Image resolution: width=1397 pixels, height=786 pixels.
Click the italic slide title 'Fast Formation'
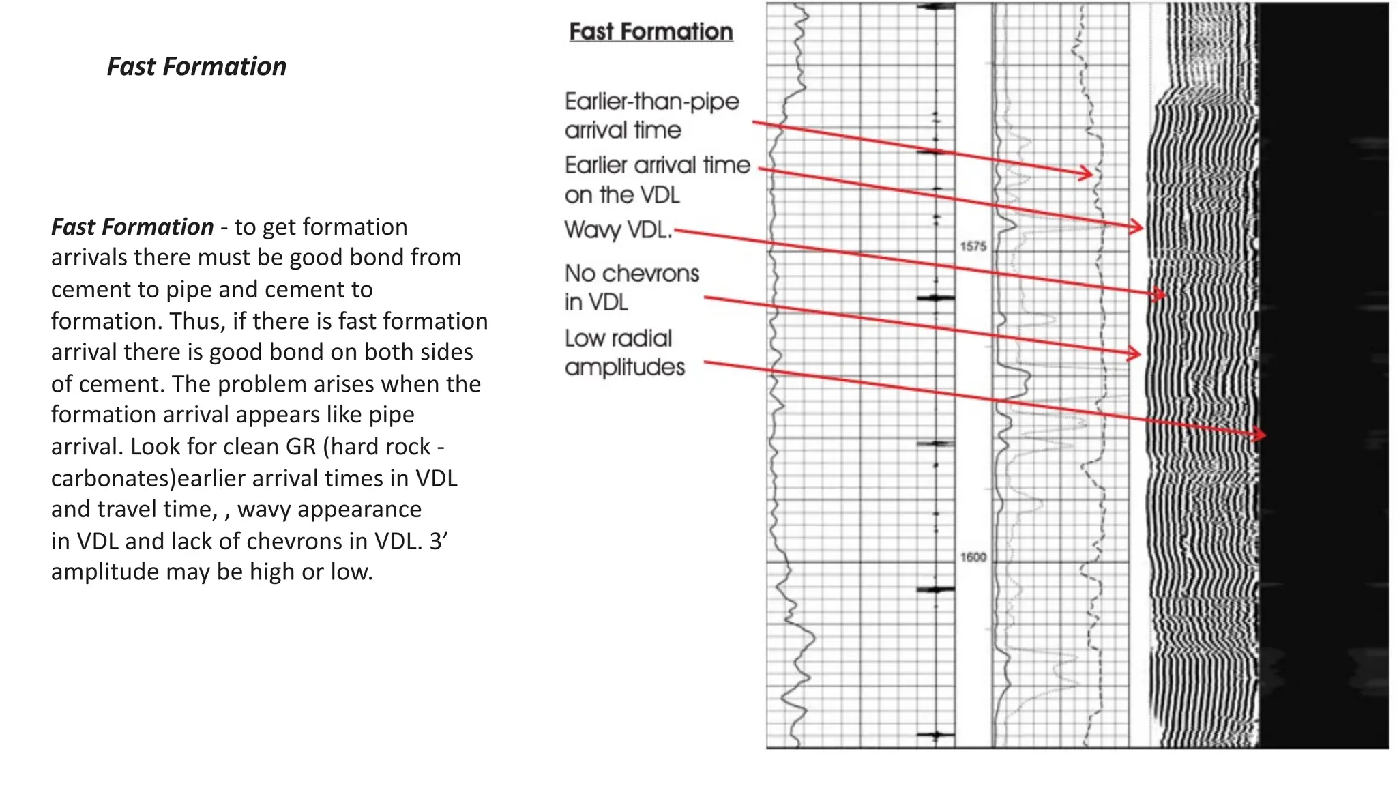click(196, 67)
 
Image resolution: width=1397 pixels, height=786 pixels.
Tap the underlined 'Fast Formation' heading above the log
click(651, 32)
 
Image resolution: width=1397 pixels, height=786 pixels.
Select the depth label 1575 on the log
click(973, 246)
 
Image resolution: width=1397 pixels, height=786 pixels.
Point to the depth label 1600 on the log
click(973, 557)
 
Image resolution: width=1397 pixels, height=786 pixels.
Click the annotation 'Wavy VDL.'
click(618, 230)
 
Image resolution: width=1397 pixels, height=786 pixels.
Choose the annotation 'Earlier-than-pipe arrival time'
click(651, 115)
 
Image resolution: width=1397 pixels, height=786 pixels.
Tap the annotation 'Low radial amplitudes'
click(624, 353)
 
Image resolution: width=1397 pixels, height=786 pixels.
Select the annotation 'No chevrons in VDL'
click(632, 287)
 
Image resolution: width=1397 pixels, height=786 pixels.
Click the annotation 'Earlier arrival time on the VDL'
click(657, 179)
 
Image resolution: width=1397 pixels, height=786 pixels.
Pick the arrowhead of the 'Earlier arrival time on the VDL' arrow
click(1138, 227)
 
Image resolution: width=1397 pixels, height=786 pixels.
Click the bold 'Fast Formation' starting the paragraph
click(132, 227)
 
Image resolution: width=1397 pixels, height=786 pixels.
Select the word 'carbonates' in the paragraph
click(113, 478)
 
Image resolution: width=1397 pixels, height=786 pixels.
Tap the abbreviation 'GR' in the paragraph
click(301, 447)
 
